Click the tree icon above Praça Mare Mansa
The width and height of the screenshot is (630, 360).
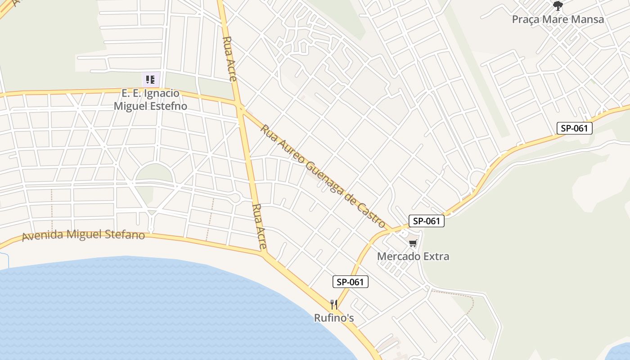pyautogui.click(x=558, y=6)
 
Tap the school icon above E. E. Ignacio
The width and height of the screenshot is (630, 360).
pyautogui.click(x=150, y=80)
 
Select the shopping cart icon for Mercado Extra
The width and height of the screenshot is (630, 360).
pyautogui.click(x=413, y=243)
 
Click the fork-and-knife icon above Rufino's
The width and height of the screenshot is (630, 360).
pyautogui.click(x=334, y=305)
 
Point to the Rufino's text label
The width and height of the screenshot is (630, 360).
pyautogui.click(x=334, y=318)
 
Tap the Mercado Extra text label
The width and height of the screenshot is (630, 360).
pyautogui.click(x=413, y=256)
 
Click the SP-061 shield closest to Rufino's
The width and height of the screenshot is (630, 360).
pyautogui.click(x=351, y=282)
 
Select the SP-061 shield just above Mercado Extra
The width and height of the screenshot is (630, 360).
pyautogui.click(x=426, y=221)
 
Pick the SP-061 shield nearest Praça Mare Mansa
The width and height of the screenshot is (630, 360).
pyautogui.click(x=575, y=128)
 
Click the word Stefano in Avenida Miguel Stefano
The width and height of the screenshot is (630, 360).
pyautogui.click(x=127, y=235)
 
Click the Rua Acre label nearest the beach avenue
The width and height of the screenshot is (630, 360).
pyautogui.click(x=260, y=227)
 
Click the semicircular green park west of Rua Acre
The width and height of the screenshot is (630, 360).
pyautogui.click(x=154, y=173)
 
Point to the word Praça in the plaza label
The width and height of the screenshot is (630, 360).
pyautogui.click(x=526, y=19)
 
